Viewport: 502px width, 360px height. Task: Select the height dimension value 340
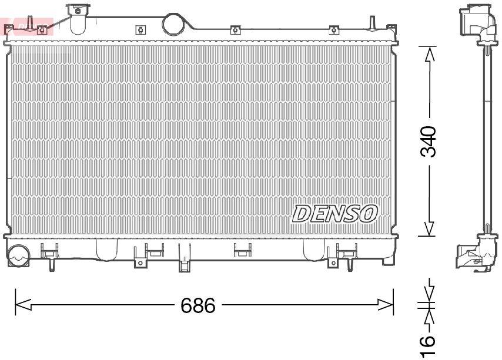click(x=430, y=142)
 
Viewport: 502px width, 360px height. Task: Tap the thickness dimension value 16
click(x=429, y=346)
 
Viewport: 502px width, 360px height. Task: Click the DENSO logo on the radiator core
click(x=334, y=214)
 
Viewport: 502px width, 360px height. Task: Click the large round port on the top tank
click(x=173, y=23)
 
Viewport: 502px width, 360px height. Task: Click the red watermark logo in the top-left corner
click(x=26, y=26)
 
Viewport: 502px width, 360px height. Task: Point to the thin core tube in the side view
click(x=488, y=141)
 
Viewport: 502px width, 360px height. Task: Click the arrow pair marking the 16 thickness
click(x=429, y=305)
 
